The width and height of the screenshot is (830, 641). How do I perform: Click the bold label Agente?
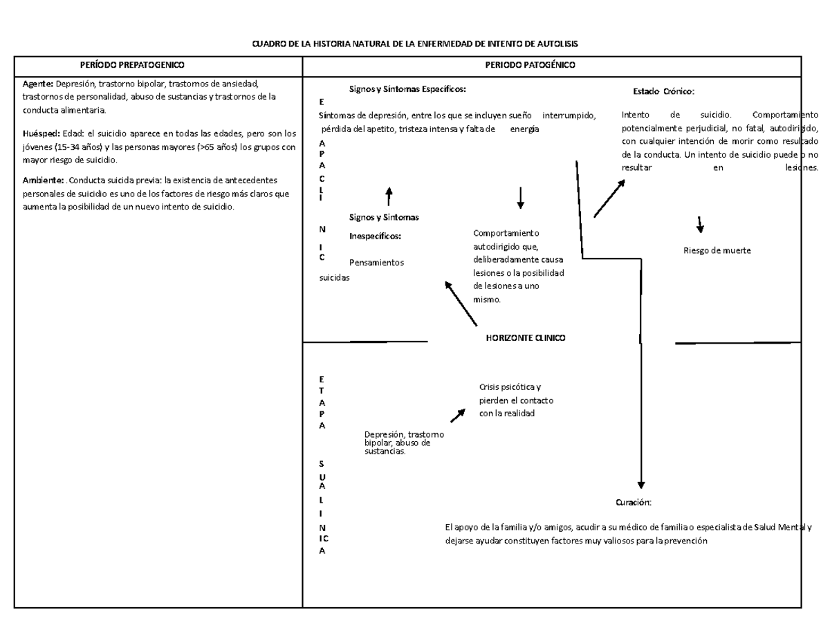point(39,84)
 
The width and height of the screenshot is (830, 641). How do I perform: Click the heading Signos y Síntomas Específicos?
point(407,89)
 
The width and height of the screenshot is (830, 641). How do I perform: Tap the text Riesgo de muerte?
point(717,251)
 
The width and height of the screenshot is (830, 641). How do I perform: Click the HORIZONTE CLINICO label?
point(526,338)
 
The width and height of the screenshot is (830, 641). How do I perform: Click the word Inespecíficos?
point(376,236)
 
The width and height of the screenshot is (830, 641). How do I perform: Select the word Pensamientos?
point(377,263)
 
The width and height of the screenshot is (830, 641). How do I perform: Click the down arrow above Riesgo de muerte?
point(700,225)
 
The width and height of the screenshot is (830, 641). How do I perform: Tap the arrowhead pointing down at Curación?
point(641,484)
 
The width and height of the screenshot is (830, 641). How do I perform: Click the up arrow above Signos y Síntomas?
point(389,195)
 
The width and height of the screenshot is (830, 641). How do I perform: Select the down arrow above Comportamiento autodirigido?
point(520,198)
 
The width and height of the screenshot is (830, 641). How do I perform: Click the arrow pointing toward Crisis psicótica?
point(458,414)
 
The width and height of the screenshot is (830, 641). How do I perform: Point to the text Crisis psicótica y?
point(510,387)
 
